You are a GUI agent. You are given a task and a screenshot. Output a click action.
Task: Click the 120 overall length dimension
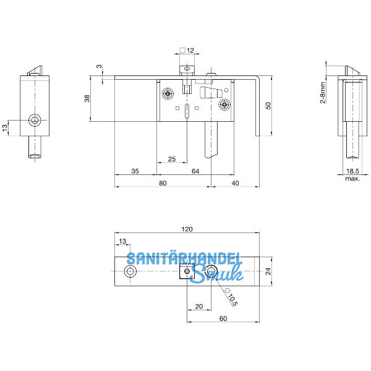click(187, 229)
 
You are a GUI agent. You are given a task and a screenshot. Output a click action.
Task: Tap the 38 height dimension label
click(87, 98)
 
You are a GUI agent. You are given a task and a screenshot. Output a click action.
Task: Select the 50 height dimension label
click(268, 106)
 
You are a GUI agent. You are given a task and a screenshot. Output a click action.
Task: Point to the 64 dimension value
click(195, 171)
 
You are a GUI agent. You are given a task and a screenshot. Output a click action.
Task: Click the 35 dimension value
click(135, 171)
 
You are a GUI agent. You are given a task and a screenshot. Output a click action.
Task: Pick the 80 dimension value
click(163, 183)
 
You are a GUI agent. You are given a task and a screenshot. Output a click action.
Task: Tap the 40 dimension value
click(235, 183)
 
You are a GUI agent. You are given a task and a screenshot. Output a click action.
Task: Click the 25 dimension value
click(172, 159)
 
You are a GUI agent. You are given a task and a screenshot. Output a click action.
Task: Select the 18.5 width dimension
click(352, 171)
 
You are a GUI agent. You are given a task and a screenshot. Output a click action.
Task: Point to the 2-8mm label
click(323, 93)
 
